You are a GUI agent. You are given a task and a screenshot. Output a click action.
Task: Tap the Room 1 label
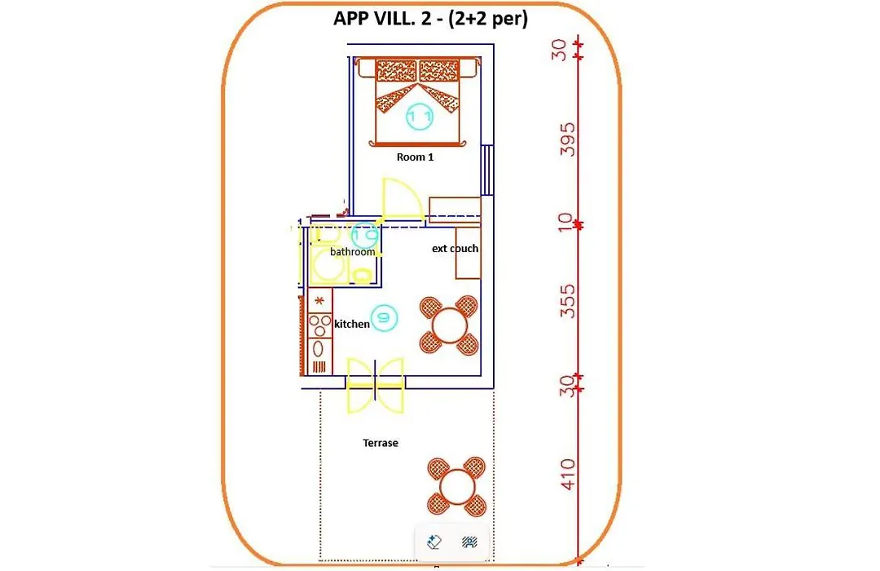pos(415,157)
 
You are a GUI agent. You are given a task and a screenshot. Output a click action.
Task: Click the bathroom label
pos(352,252)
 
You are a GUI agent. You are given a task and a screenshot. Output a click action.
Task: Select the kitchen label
pos(351,324)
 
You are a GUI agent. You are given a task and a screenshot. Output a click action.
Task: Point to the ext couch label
pos(455,248)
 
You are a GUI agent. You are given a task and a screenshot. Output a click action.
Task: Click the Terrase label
pos(381,443)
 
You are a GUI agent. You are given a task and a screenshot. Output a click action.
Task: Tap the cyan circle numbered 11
pos(420,117)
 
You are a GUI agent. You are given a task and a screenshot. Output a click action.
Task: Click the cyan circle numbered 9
pos(384,317)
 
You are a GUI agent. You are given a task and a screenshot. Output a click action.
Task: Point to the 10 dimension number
pos(565,222)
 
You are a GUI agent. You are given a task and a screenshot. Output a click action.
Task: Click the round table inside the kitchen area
pos(449,325)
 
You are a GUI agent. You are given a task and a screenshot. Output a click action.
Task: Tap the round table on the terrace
pos(457,487)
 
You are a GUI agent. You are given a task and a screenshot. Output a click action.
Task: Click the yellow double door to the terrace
pos(376,385)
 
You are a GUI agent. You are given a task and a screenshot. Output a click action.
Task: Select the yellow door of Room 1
pos(402,200)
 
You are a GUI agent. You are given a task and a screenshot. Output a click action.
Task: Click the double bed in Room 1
pos(418,102)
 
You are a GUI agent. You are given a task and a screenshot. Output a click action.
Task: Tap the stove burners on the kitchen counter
pos(320,325)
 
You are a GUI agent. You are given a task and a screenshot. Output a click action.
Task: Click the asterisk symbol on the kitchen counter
pos(319,301)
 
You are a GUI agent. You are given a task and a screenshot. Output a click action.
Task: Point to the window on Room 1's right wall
pos(487,170)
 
